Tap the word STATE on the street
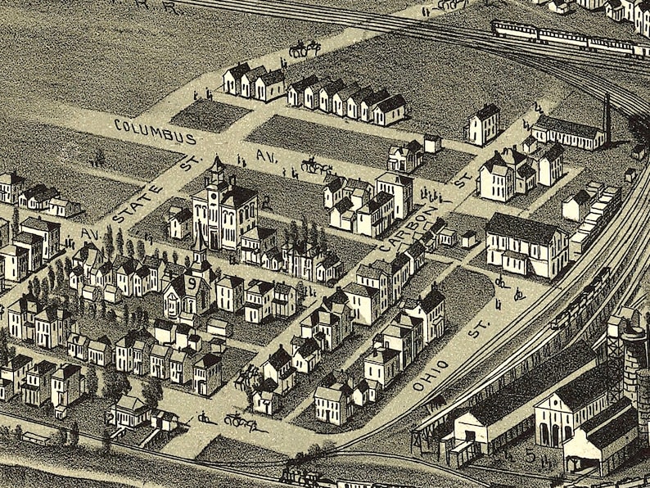(x=132, y=204)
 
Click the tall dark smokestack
(x=607, y=119)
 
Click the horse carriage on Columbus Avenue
(x=315, y=166)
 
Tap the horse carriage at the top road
(x=304, y=48)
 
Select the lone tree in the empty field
(x=100, y=156)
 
